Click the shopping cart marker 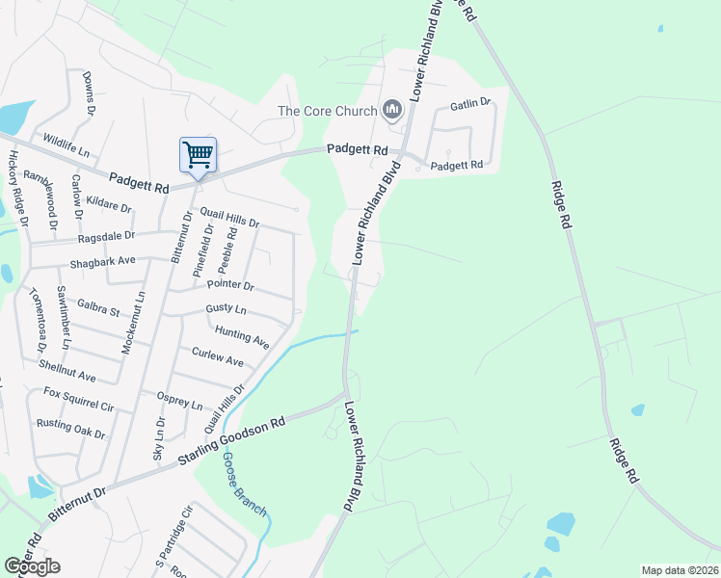pos(198,155)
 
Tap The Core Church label pos(327,112)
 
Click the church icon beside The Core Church pos(392,112)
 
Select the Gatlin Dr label pos(470,102)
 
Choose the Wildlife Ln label pos(66,146)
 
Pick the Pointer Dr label pos(230,286)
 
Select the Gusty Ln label pos(226,310)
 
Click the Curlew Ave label pos(218,356)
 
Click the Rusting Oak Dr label pos(70,428)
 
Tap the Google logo pos(32,566)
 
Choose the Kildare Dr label pos(108,204)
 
